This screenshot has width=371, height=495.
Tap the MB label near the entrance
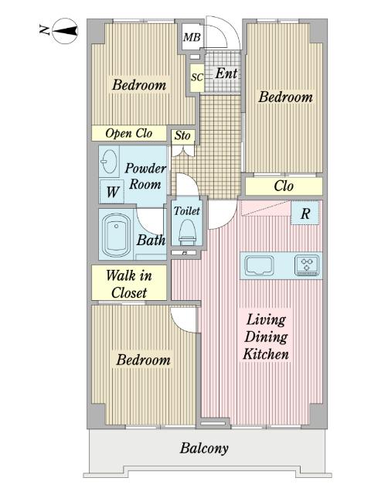click(192, 37)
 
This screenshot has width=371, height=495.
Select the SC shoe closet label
click(197, 77)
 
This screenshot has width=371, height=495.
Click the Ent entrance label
click(226, 73)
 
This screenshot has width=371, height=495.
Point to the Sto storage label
click(182, 136)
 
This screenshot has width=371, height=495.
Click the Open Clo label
click(129, 134)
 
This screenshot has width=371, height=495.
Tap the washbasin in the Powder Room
click(109, 161)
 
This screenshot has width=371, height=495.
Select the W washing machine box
click(112, 191)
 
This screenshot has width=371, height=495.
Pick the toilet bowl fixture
click(187, 232)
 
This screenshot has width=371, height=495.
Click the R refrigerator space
click(305, 213)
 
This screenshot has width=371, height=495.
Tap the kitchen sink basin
click(260, 265)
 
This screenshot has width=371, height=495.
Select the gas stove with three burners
click(307, 265)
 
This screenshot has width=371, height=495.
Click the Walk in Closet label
click(129, 284)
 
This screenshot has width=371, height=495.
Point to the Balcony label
click(204, 449)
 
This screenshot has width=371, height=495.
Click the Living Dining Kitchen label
click(266, 337)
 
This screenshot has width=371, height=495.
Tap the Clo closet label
click(284, 186)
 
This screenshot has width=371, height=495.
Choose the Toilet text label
click(187, 210)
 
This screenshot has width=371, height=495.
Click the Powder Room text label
click(145, 176)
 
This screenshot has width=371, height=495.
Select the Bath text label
click(151, 241)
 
